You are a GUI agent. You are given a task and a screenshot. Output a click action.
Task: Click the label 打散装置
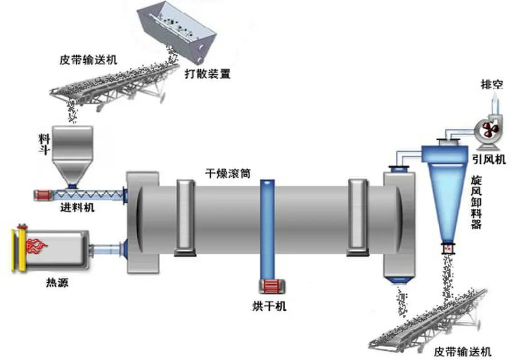[x=207, y=74]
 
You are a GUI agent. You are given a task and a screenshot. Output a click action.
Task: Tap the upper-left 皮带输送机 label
[x=89, y=61]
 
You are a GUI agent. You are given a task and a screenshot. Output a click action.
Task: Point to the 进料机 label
[x=77, y=207]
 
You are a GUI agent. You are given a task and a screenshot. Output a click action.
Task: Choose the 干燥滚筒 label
[x=228, y=173]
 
